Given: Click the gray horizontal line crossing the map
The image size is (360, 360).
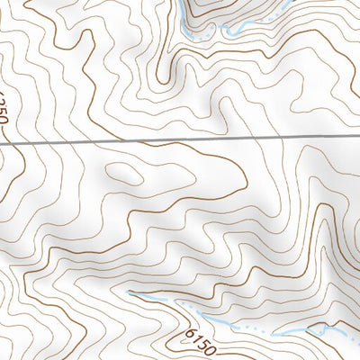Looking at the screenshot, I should [180, 141].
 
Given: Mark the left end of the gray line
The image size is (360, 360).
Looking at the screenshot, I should [1, 142].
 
